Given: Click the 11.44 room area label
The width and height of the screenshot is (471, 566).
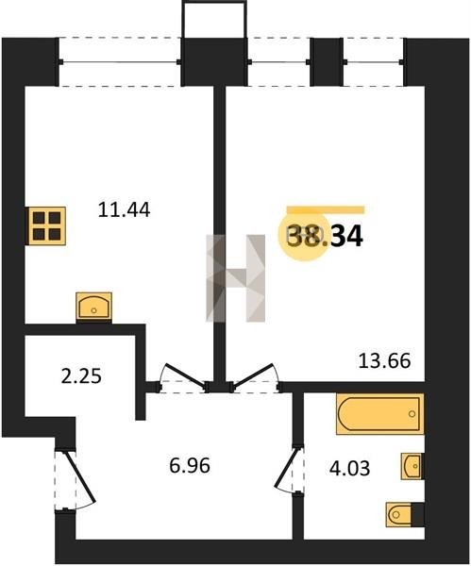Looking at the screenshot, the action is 124,209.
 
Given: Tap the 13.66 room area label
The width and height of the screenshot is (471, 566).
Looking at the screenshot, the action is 384,360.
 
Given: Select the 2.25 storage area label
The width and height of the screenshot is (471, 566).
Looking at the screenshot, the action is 81,376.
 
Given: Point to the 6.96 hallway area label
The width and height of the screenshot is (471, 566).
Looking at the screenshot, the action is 190,465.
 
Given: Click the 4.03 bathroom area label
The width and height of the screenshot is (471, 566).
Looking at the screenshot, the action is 349,469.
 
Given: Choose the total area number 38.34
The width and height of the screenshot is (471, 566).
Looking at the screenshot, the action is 325,236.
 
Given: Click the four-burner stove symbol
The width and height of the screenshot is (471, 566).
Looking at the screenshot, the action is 45,226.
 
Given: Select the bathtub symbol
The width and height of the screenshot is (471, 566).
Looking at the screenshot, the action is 379,414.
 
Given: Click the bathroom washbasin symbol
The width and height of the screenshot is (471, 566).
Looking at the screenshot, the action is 412,466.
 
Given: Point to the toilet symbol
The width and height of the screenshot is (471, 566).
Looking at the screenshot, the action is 400,514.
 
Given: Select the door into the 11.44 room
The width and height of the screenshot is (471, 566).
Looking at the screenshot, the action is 183,376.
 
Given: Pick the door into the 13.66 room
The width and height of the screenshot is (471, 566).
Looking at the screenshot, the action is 256,376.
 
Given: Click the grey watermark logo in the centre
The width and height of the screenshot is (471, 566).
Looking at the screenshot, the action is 236,278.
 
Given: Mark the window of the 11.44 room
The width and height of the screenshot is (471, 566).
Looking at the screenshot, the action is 120,62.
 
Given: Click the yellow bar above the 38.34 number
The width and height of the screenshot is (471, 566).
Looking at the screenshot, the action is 326,209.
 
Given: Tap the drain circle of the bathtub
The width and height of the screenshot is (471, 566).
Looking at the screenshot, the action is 412,414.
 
